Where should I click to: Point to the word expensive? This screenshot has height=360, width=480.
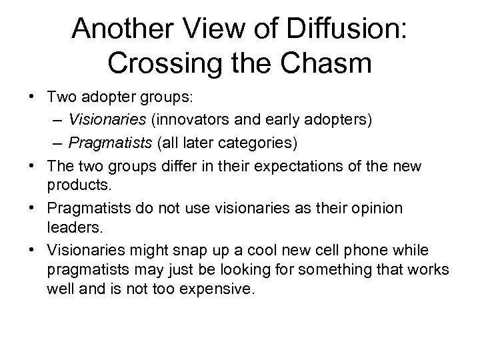click(x=218, y=291)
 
